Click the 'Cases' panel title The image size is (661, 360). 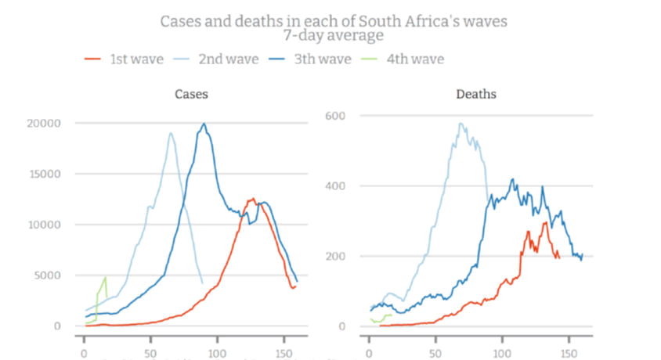pos(191,95)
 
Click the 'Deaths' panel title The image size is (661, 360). pos(476,95)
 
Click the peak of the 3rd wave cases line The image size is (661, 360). pos(204,124)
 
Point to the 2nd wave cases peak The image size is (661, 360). pos(171,133)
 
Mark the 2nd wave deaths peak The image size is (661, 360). pos(461,123)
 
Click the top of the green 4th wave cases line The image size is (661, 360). pos(105,277)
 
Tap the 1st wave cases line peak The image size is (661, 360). pos(252,199)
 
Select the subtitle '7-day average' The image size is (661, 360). pos(334,35)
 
